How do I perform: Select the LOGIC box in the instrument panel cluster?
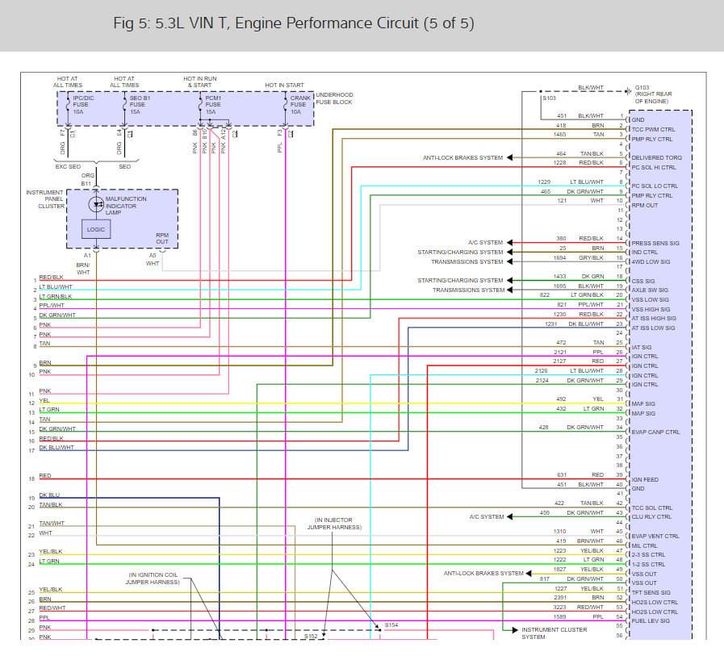coord(95,230)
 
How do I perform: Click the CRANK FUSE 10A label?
coord(299,104)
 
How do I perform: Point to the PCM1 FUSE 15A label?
coord(213,104)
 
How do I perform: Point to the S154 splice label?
coord(391,624)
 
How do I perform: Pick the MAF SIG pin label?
coord(643,403)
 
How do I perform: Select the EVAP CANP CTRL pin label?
coord(655,432)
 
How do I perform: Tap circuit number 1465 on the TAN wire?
coord(561,135)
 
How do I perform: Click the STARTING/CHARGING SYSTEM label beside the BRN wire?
coord(459,252)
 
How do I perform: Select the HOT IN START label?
coord(285,85)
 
